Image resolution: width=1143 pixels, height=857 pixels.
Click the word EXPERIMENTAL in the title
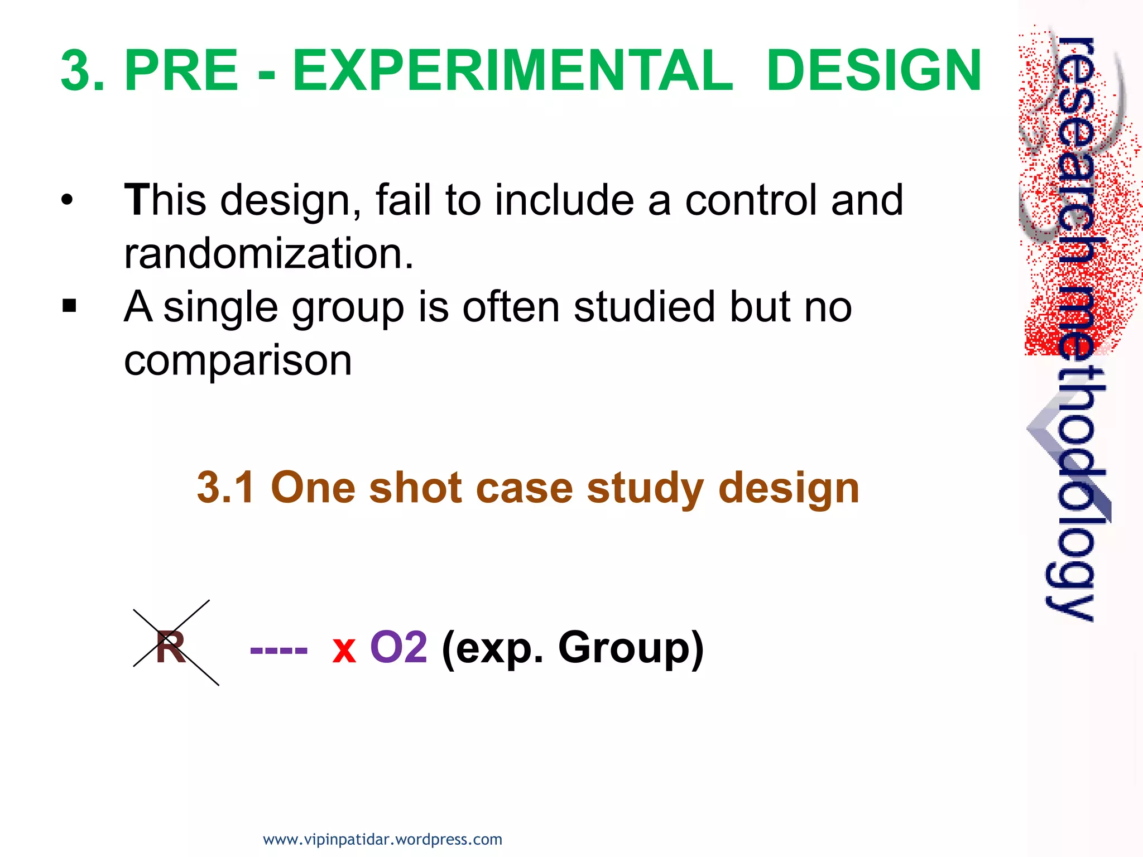tap(512, 71)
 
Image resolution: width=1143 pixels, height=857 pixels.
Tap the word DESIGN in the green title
tap(873, 71)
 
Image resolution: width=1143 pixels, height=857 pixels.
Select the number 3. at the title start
tap(83, 71)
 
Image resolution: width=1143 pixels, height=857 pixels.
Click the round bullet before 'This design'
tap(67, 200)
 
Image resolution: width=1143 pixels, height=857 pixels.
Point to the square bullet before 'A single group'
tap(69, 306)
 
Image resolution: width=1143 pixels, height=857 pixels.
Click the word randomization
tap(268, 253)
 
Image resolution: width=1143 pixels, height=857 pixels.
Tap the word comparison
tap(238, 360)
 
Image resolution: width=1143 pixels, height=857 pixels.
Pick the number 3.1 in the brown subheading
tap(225, 488)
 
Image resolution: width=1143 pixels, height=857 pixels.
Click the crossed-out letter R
tap(171, 647)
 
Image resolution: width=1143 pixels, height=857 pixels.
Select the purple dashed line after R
tap(278, 651)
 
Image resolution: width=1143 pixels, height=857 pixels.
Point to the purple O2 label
tap(398, 647)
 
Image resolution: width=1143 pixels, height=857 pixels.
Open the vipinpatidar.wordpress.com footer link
tap(382, 839)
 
